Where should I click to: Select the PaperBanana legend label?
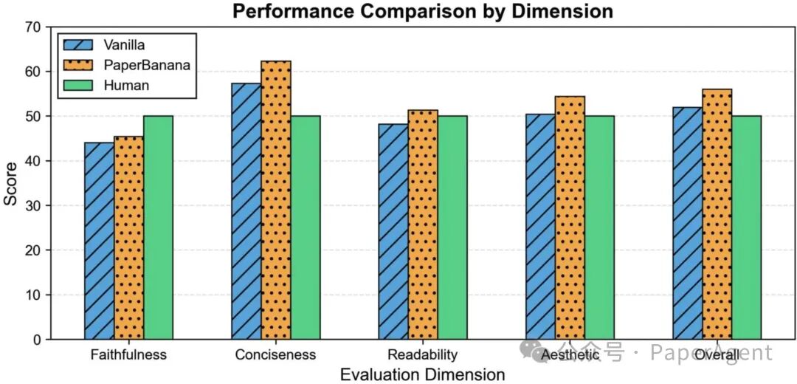tap(147, 65)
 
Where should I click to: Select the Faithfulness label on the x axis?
tap(128, 355)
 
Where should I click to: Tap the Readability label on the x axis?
tap(423, 355)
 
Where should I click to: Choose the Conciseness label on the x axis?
tap(275, 355)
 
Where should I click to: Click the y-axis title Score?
tap(11, 183)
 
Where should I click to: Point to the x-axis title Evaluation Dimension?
tap(422, 374)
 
